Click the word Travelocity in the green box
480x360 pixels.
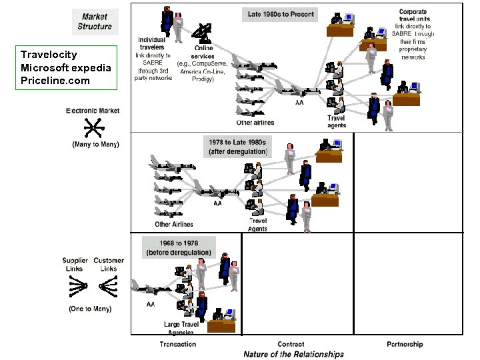49,55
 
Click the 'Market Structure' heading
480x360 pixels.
95,21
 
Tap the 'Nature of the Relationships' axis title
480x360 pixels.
293,354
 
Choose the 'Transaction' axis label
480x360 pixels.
178,344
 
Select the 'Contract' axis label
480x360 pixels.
291,344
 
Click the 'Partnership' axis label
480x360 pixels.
405,344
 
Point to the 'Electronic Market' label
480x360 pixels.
93,111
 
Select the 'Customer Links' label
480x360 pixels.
109,265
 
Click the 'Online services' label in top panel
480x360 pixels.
204,52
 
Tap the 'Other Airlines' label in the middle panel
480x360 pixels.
174,224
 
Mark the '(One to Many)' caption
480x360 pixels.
90,309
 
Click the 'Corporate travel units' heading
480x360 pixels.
413,16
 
